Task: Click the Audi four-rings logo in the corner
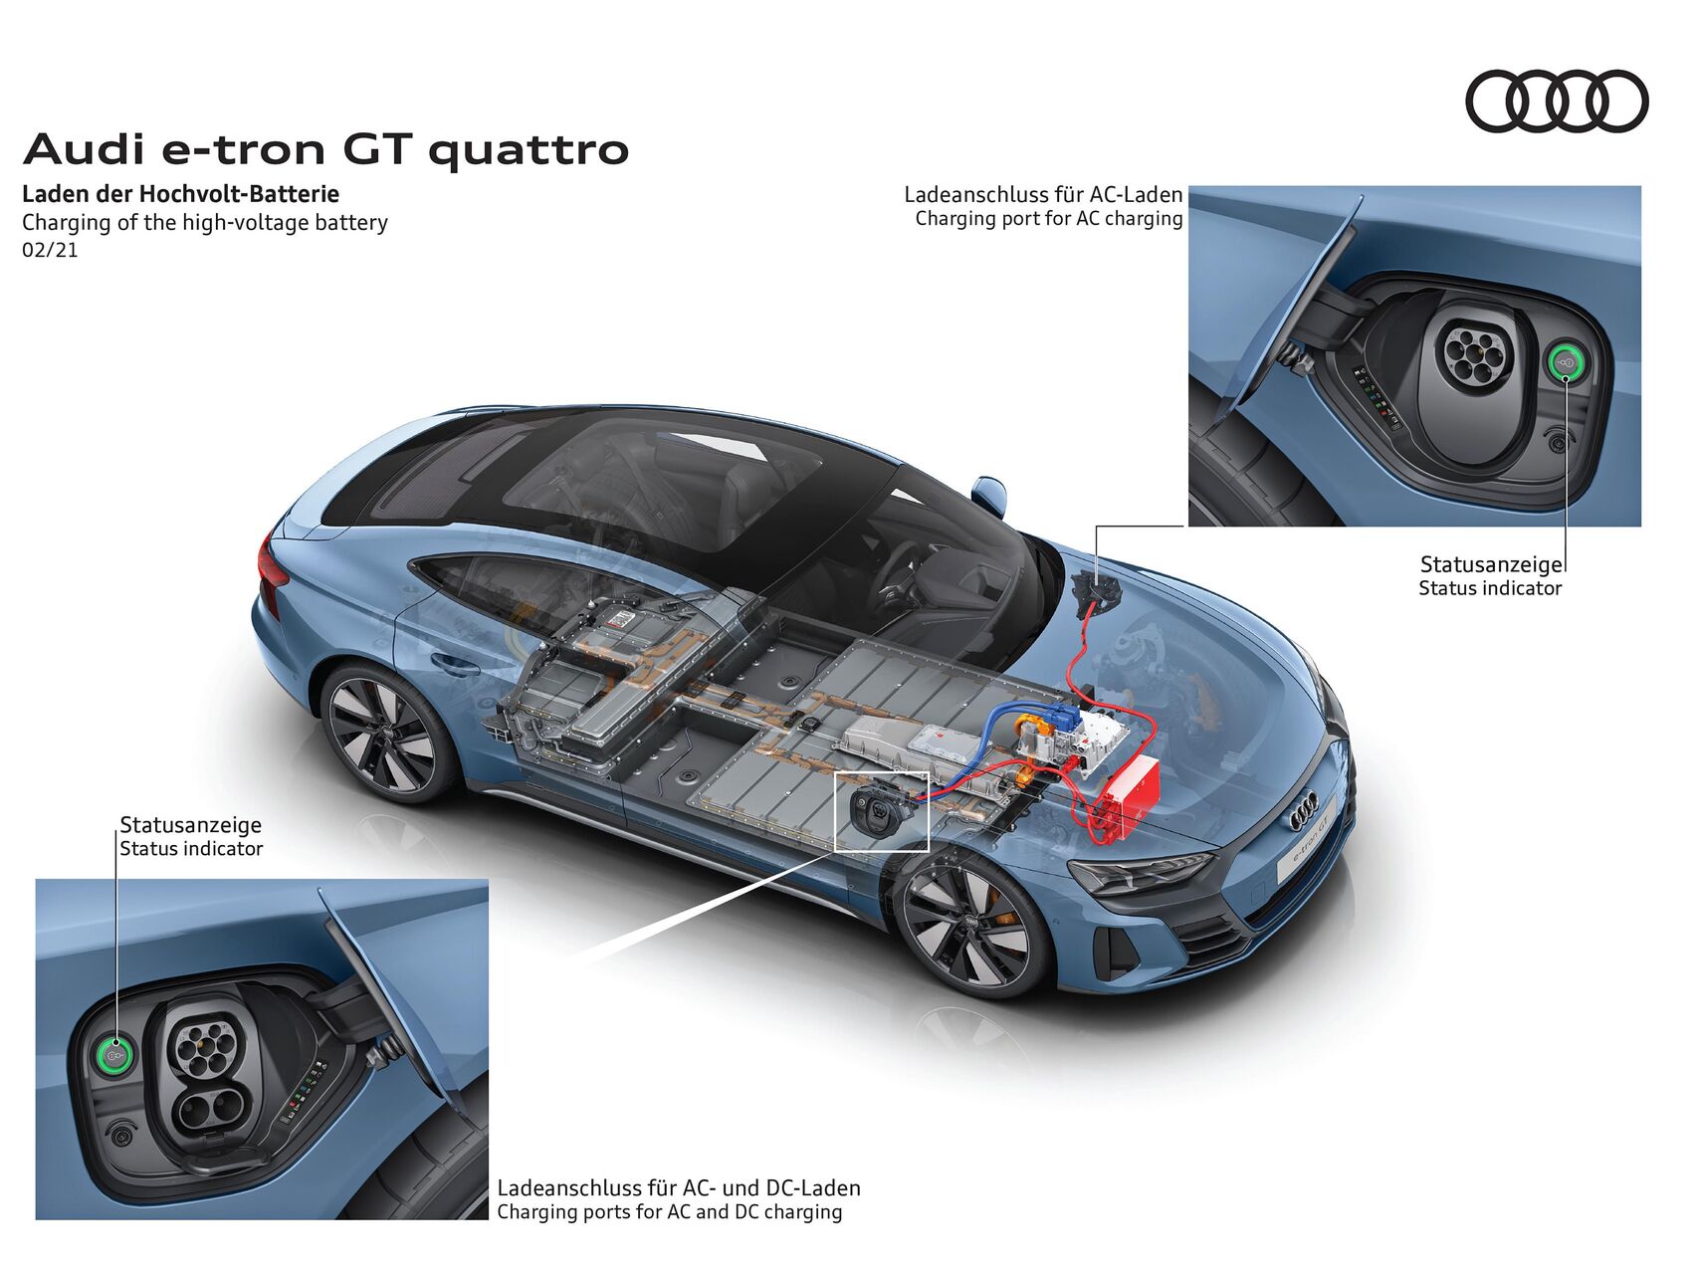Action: tap(1557, 101)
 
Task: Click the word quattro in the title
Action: tap(529, 150)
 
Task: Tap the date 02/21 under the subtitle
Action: tap(50, 250)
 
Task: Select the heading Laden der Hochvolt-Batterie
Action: tap(180, 193)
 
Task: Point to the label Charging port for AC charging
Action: tap(1049, 218)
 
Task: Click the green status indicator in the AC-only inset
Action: tap(1565, 362)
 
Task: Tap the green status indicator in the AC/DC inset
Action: tap(114, 1052)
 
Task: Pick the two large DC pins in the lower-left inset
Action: tap(212, 1108)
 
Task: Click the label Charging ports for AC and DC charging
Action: tap(670, 1211)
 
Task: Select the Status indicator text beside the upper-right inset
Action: tap(1490, 588)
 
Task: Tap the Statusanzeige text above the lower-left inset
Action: tap(191, 824)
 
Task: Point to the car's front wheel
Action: tap(972, 928)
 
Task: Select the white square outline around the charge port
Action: tap(882, 812)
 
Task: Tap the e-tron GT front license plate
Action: tap(1316, 851)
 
